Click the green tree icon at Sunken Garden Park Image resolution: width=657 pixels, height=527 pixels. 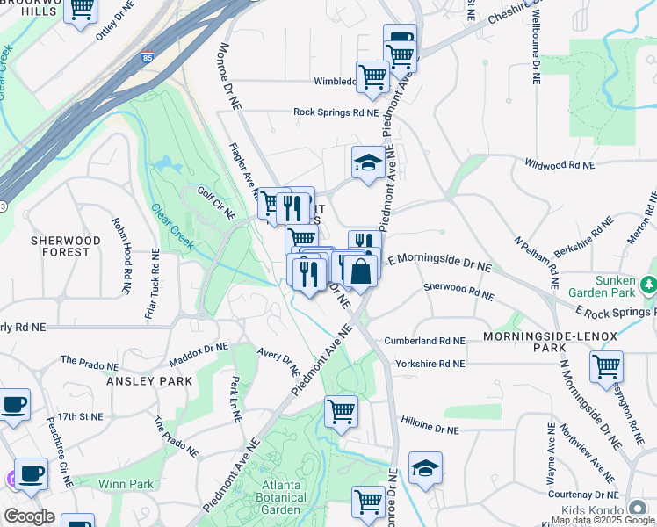[x=648, y=285]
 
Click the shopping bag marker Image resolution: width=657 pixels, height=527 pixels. [x=360, y=271]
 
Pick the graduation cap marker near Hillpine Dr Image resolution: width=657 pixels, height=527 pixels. [x=425, y=468]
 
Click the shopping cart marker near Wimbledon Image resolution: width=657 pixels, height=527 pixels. [x=372, y=76]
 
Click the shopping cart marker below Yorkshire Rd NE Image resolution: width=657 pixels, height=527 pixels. [x=340, y=410]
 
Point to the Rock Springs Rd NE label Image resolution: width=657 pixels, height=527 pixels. [x=336, y=112]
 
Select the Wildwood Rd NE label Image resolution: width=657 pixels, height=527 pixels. [x=559, y=164]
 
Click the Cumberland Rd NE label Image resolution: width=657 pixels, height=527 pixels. [x=423, y=341]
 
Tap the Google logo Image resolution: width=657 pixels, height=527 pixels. [x=29, y=516]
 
